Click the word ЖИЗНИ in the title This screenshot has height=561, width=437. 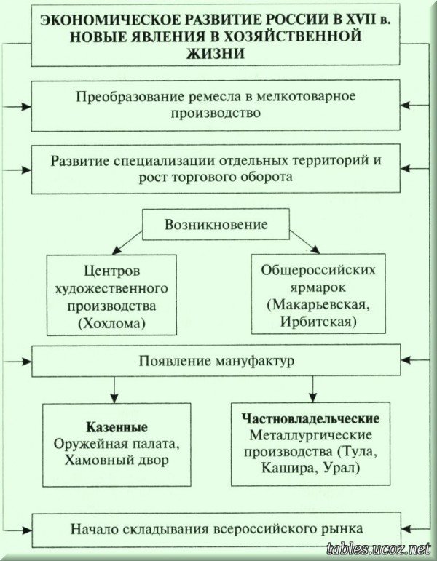216,53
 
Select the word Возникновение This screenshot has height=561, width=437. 216,225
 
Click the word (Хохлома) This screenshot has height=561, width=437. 111,324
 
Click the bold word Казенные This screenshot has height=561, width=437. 117,427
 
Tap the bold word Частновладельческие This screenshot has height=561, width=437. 310,418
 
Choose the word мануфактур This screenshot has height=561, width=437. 255,361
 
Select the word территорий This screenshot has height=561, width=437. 331,161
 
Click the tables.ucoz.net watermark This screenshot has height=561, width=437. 378,549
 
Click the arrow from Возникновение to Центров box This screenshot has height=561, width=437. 127,242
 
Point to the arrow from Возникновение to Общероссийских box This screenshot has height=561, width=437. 304,242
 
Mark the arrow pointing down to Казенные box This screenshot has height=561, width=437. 114,389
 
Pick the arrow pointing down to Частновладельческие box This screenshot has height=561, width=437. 313,389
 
